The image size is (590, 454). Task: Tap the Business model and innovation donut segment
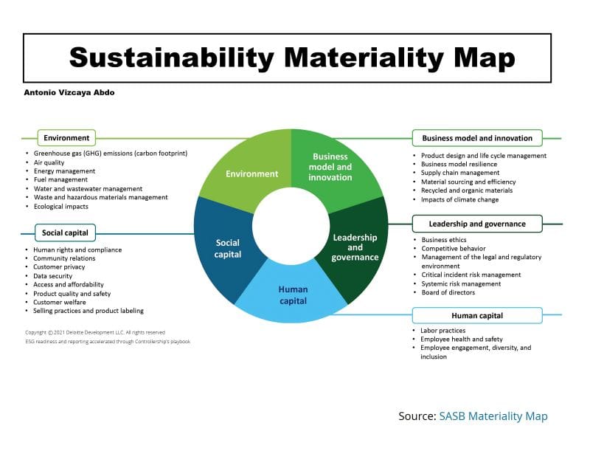pyautogui.click(x=332, y=167)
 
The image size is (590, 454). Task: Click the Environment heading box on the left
pyautogui.click(x=66, y=138)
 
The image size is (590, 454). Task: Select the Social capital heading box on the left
pyautogui.click(x=65, y=233)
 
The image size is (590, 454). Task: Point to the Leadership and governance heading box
pyautogui.click(x=477, y=224)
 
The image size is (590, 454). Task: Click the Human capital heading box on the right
pyautogui.click(x=477, y=315)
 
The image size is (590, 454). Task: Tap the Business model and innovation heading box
pyautogui.click(x=477, y=138)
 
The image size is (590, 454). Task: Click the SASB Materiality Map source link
pyautogui.click(x=493, y=416)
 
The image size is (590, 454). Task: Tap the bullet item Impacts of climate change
pyautogui.click(x=459, y=199)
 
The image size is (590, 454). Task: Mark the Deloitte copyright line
pyautogui.click(x=95, y=333)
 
